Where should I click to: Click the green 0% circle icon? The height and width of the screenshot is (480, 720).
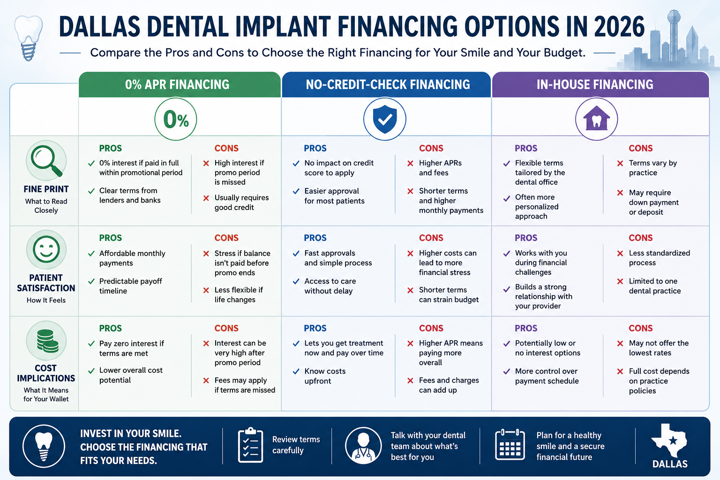(x=175, y=119)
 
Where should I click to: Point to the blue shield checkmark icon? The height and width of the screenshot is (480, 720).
(x=385, y=119)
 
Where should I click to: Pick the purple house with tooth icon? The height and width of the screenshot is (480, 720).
(x=596, y=119)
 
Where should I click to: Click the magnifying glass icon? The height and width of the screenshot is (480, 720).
(x=46, y=161)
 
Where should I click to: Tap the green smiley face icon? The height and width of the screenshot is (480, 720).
(x=46, y=249)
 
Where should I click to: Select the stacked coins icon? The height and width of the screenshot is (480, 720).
(x=47, y=341)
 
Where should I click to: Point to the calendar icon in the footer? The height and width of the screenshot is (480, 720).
(x=510, y=445)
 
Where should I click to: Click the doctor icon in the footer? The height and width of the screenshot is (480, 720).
(x=363, y=445)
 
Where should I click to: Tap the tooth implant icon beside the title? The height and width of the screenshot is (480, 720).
(x=29, y=38)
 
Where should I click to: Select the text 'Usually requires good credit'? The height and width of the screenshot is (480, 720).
(x=241, y=202)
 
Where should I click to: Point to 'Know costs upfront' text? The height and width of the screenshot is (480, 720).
(x=325, y=376)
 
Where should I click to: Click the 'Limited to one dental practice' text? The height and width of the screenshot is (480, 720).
(x=655, y=286)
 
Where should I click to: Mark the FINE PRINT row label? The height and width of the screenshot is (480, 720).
(x=46, y=189)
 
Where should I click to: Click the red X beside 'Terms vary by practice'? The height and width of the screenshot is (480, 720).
(x=620, y=163)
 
